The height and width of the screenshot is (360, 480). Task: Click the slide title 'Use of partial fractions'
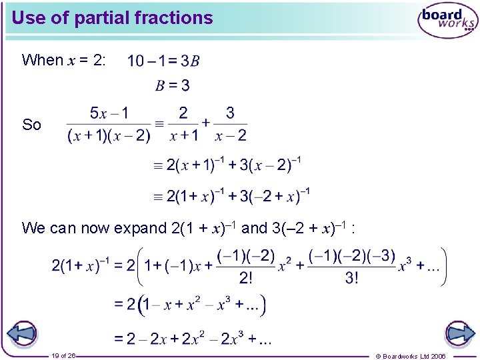(112, 18)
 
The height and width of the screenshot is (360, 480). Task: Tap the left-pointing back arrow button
(22, 333)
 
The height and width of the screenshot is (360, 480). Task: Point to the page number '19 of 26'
(63, 355)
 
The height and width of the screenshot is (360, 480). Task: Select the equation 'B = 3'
(173, 85)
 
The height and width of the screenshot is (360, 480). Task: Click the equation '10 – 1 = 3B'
(163, 61)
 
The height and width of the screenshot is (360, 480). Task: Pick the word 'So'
(31, 125)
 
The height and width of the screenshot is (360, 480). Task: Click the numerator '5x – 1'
(109, 113)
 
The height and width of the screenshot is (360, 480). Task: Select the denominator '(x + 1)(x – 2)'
(109, 136)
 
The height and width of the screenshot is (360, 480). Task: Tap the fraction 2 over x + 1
(183, 125)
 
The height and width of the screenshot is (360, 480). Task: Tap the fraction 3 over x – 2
(231, 125)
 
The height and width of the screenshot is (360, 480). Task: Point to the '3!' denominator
(351, 278)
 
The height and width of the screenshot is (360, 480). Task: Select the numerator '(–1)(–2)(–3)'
(352, 256)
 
